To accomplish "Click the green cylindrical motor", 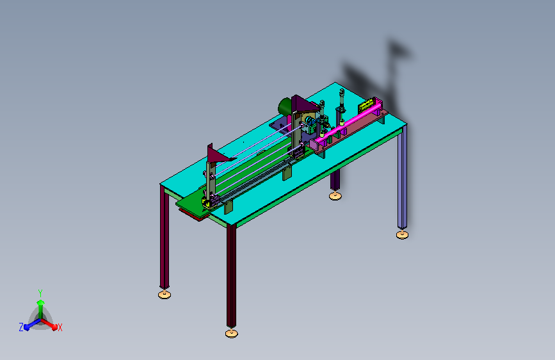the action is click(285, 106).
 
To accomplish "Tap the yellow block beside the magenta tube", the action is click(366, 105).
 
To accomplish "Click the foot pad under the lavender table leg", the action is click(402, 234).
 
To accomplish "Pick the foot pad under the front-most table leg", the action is click(232, 333).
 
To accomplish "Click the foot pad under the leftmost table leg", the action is click(165, 294).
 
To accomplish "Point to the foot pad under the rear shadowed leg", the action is click(335, 195).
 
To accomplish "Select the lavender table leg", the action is click(402, 177).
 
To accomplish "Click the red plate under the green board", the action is click(191, 215).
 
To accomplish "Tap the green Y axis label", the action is click(40, 293).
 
